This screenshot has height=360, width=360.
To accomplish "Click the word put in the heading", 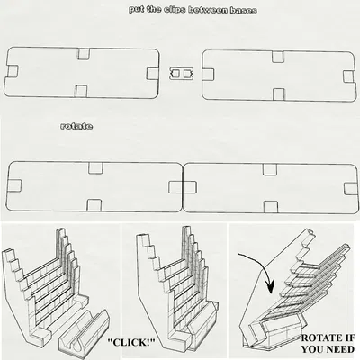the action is point(137,10).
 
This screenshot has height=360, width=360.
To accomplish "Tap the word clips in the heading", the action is point(175,10).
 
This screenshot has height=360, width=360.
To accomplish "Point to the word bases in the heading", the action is point(244,11).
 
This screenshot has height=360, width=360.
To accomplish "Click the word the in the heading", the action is point(154,9).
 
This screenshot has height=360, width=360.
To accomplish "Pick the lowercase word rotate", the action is point(76,126).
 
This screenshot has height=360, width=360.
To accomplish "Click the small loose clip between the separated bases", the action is point(181,74).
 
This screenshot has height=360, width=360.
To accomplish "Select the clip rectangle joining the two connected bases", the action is point(183,187).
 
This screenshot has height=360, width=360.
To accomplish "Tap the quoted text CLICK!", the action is point(131,342).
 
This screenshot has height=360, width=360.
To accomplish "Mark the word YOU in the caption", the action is point(312,349).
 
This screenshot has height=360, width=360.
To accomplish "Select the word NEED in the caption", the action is point(340,349).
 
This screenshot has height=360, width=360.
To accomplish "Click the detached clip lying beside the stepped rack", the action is point(85,334).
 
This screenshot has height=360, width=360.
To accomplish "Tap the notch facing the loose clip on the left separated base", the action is point(152,74).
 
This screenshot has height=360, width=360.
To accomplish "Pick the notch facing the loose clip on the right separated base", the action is point(208,75).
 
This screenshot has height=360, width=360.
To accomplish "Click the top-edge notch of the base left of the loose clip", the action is point(84,53).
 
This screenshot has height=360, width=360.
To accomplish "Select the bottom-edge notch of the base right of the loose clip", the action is point(279,94).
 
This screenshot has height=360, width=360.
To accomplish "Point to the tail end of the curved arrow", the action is point(238,255).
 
